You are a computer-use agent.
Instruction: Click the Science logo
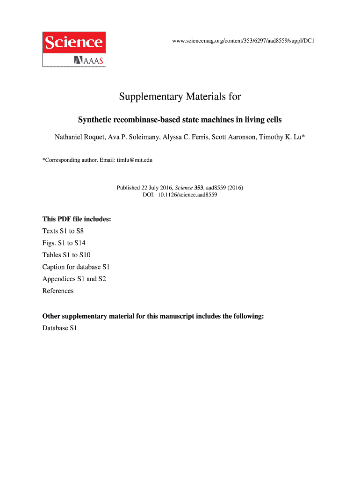coord(74,43)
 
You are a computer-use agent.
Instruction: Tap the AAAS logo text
coord(89,60)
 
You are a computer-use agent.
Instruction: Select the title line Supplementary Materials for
coord(180,97)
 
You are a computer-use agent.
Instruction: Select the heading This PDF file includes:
coord(77,219)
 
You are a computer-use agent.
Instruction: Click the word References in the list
coord(58,291)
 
